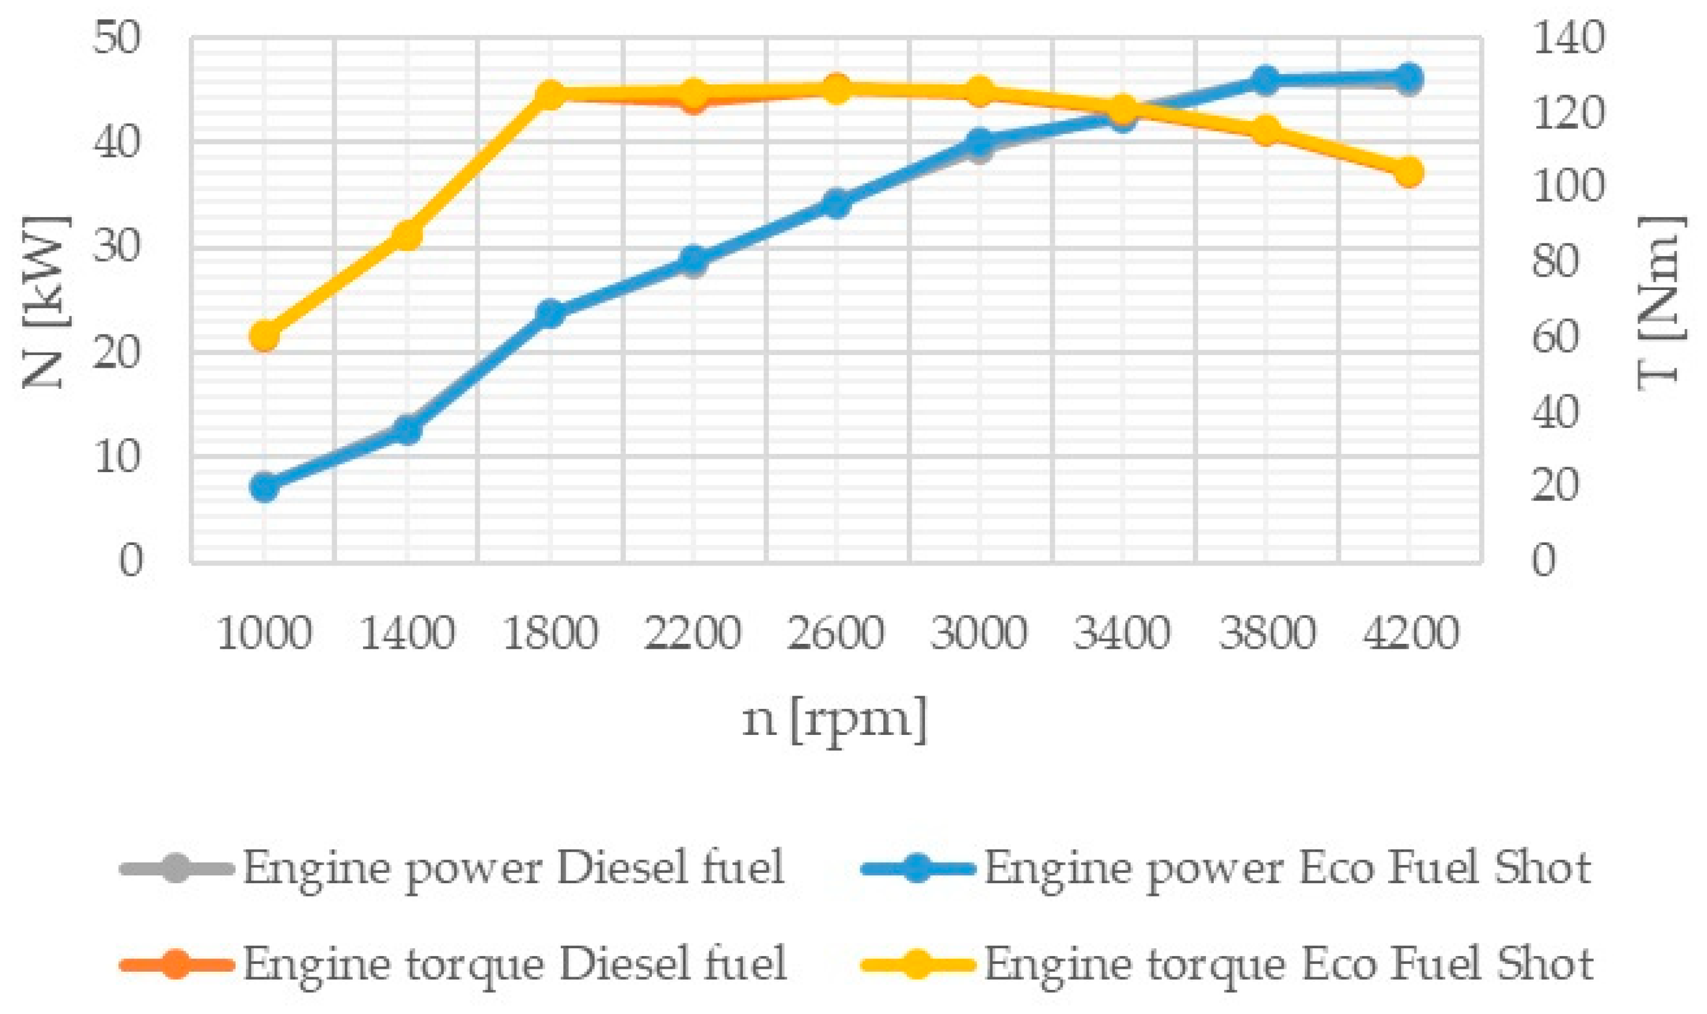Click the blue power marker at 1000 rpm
[x=265, y=487]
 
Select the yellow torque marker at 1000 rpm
[x=265, y=336]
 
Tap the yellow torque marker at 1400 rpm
[x=407, y=235]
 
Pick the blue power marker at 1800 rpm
[x=550, y=314]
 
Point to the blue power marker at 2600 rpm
[x=836, y=204]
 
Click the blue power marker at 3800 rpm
[x=1265, y=81]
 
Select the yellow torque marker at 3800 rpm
[x=1265, y=130]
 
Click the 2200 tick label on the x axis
[x=692, y=633]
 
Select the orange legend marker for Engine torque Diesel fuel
[x=175, y=965]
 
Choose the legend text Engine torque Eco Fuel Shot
[x=1288, y=965]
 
